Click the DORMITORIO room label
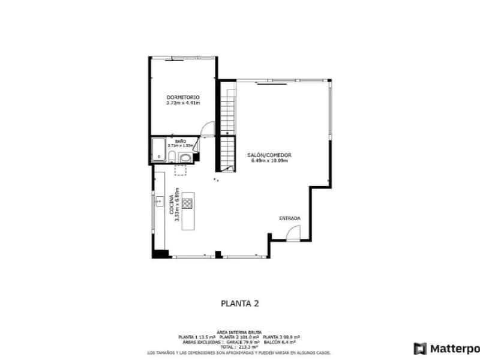point(183,97)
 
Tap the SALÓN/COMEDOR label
point(269,155)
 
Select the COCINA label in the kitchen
point(172,206)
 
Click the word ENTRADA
point(290,218)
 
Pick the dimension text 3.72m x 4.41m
point(183,103)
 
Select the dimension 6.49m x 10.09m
point(269,160)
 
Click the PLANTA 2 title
point(239,304)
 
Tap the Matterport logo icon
point(420,349)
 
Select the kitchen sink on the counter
point(160,202)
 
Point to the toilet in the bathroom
point(172,157)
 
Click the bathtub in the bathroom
point(159,151)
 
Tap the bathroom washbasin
point(185,158)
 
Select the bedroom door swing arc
point(206,129)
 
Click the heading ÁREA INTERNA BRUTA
point(239,331)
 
